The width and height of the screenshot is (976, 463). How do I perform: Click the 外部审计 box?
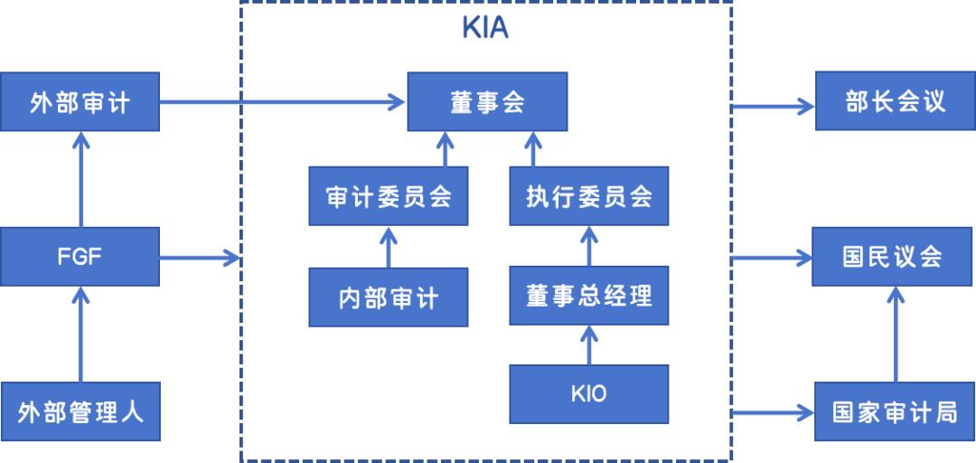pyautogui.click(x=80, y=102)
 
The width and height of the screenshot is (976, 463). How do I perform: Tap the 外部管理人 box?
pyautogui.click(x=80, y=411)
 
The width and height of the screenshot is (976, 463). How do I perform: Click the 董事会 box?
pyautogui.click(x=487, y=102)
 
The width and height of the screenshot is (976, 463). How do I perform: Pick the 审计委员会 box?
pyautogui.click(x=389, y=195)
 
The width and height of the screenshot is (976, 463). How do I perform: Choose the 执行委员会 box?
pyautogui.click(x=589, y=195)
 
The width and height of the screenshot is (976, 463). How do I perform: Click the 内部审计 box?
pyautogui.click(x=389, y=297)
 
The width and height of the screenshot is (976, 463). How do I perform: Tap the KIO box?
pyautogui.click(x=589, y=393)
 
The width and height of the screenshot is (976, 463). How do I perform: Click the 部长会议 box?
pyautogui.click(x=895, y=102)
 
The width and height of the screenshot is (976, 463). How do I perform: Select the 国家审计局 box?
pyautogui.click(x=895, y=411)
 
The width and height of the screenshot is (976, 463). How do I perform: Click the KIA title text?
pyautogui.click(x=485, y=27)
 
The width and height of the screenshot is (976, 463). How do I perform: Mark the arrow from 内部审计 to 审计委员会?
pyautogui.click(x=389, y=247)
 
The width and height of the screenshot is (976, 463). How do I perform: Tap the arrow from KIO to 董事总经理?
pyautogui.click(x=589, y=345)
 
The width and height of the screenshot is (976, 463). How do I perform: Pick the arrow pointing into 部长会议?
pyautogui.click(x=773, y=106)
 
